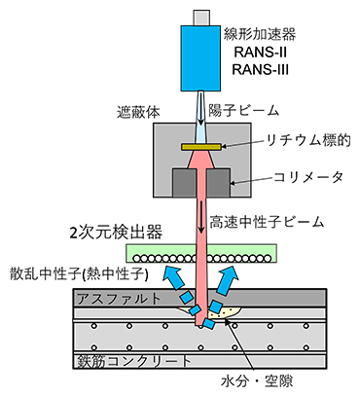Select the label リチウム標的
point(293,145)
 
